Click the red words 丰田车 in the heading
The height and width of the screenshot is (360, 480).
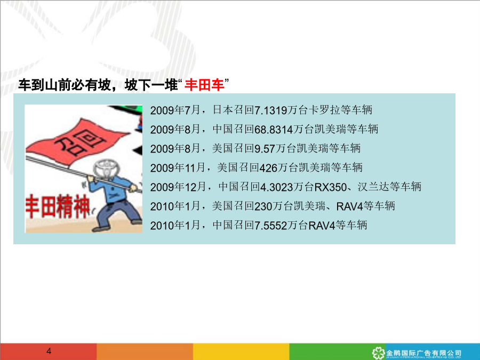click(x=204, y=84)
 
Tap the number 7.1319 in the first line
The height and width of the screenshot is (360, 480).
click(x=270, y=110)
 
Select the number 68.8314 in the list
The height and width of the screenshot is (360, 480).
click(x=274, y=130)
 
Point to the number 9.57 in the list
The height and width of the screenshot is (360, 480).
click(x=265, y=149)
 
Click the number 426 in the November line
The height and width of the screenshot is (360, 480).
click(x=268, y=168)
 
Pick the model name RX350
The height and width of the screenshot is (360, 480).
click(x=330, y=187)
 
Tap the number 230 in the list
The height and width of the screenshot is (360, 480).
click(x=263, y=206)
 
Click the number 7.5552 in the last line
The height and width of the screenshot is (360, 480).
click(x=270, y=226)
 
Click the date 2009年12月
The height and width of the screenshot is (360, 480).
click(x=178, y=187)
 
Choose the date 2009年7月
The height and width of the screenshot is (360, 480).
click(x=175, y=110)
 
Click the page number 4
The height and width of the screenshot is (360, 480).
click(x=49, y=351)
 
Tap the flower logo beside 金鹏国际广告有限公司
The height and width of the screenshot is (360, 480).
click(x=378, y=353)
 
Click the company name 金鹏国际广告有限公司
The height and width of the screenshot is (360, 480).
click(x=423, y=353)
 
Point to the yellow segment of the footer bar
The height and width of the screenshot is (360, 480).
click(x=241, y=351)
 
